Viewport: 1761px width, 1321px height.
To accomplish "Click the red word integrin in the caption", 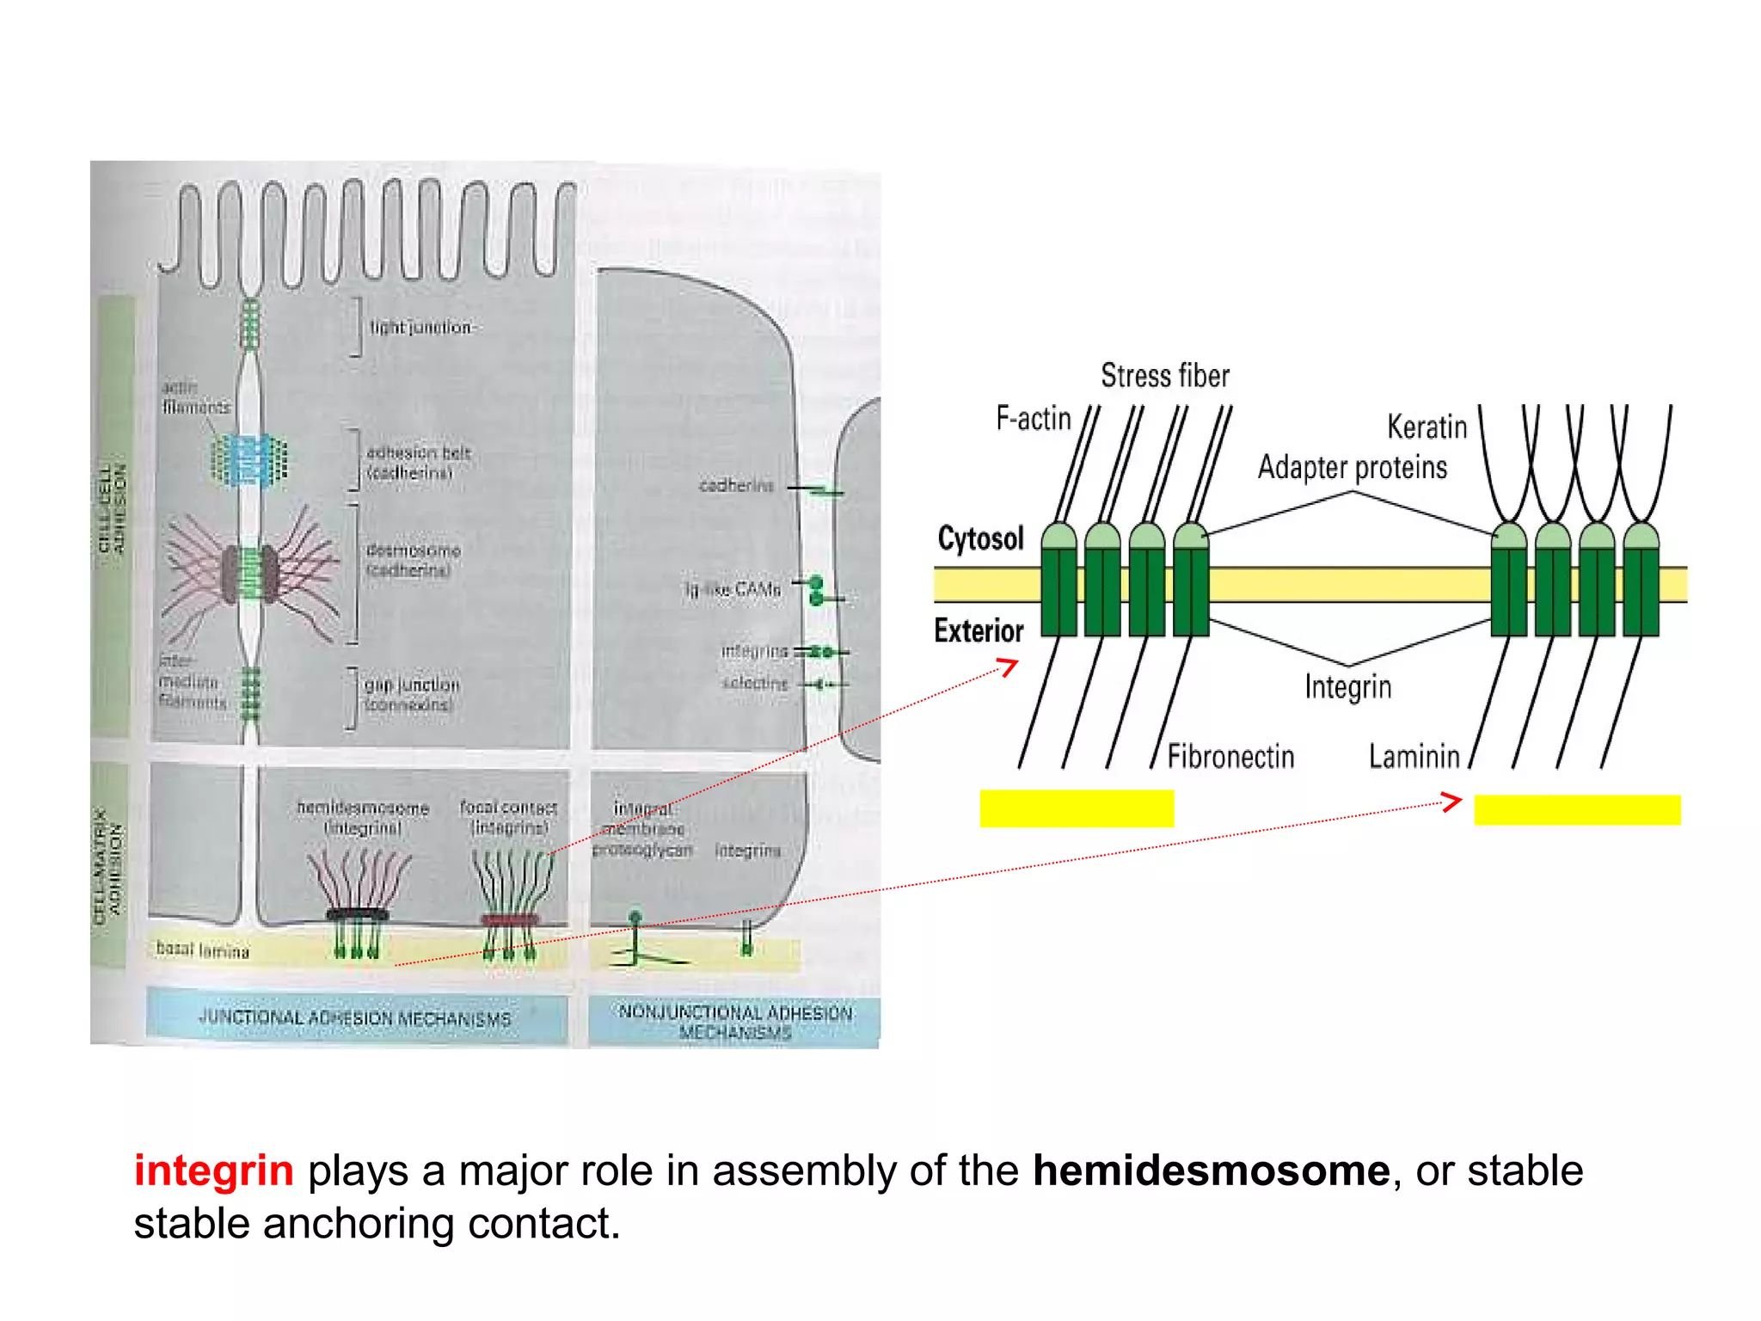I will [213, 1171].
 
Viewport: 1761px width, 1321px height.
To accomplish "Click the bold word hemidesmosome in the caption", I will [1211, 1171].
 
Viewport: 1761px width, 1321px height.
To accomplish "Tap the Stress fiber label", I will [1164, 376].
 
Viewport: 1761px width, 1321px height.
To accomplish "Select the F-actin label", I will [1033, 419].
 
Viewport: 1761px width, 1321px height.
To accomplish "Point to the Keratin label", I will [1427, 427].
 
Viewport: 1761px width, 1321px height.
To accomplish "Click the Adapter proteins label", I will [1352, 467].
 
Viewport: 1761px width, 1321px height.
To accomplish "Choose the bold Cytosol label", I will [980, 538].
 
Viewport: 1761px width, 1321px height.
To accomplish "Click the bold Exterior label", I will [979, 630].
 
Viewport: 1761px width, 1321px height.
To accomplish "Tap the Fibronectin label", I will [1230, 757].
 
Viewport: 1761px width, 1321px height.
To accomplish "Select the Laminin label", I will [1414, 757].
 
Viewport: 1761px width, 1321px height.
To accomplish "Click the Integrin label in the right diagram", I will [1347, 687].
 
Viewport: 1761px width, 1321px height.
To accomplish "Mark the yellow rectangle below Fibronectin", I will [1077, 808].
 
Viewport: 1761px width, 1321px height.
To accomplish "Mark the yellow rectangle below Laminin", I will [1577, 809].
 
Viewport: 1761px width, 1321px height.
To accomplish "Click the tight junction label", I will [420, 328].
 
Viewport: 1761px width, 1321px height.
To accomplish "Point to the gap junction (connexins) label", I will [411, 694].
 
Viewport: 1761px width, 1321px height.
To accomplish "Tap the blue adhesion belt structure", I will [249, 460].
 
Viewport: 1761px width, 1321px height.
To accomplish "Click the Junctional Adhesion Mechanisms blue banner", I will [355, 1018].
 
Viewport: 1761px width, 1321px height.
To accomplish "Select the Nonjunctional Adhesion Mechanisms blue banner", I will [735, 1021].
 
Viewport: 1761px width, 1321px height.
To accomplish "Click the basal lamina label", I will [202, 950].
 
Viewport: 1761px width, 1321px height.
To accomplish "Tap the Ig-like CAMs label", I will [733, 589].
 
